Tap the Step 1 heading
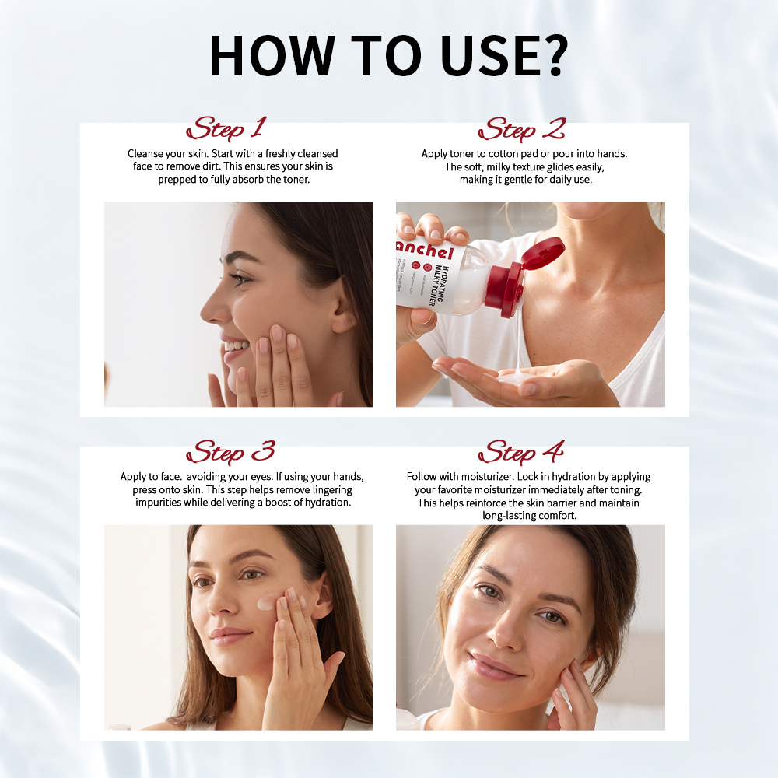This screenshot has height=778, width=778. (x=226, y=128)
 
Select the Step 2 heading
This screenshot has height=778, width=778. (x=521, y=129)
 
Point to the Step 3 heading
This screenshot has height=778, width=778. (x=230, y=452)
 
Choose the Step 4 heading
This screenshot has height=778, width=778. (x=521, y=452)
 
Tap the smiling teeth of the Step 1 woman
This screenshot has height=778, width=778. (x=236, y=345)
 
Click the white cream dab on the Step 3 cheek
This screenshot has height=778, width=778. (x=267, y=603)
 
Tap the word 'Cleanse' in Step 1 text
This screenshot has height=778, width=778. (x=145, y=154)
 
